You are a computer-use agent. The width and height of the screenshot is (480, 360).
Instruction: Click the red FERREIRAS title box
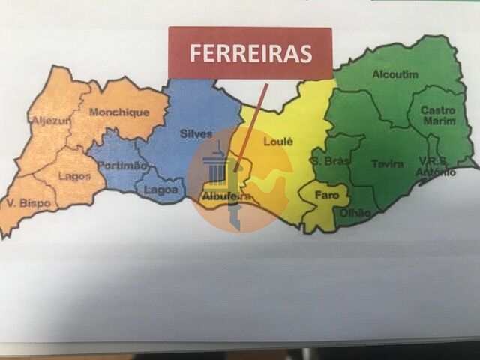[x=250, y=52]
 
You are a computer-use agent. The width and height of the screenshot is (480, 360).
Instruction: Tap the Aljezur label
[x=50, y=120]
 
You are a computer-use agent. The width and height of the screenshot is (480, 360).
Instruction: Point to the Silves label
[x=196, y=133]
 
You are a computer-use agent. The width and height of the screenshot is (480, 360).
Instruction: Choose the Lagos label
[x=74, y=177]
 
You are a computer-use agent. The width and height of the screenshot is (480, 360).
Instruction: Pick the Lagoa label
[x=160, y=190]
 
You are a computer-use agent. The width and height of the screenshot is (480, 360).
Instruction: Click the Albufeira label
[x=226, y=196]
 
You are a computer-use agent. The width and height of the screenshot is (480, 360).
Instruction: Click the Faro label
[x=326, y=196]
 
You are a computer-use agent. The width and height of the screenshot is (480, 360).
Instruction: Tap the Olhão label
[x=355, y=213]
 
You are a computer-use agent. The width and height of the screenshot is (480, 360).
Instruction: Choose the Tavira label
[x=387, y=163]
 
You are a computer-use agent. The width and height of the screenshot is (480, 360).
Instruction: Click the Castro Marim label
[x=438, y=115]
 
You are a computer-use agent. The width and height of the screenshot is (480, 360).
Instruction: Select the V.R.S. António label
[x=437, y=166]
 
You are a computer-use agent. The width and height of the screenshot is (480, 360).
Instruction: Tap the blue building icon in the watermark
[x=215, y=166]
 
